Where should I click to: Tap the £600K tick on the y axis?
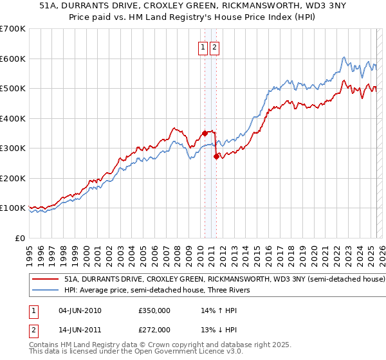tap(13, 59)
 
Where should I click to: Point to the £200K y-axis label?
tap(13, 178)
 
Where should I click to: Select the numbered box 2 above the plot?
tap(214, 47)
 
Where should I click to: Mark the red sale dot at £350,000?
tap(205, 133)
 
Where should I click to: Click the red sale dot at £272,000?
tap(216, 156)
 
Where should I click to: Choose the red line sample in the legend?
tap(45, 280)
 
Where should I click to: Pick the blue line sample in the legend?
tap(45, 290)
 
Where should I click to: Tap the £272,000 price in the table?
tap(154, 330)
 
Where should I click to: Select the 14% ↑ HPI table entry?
tap(219, 310)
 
